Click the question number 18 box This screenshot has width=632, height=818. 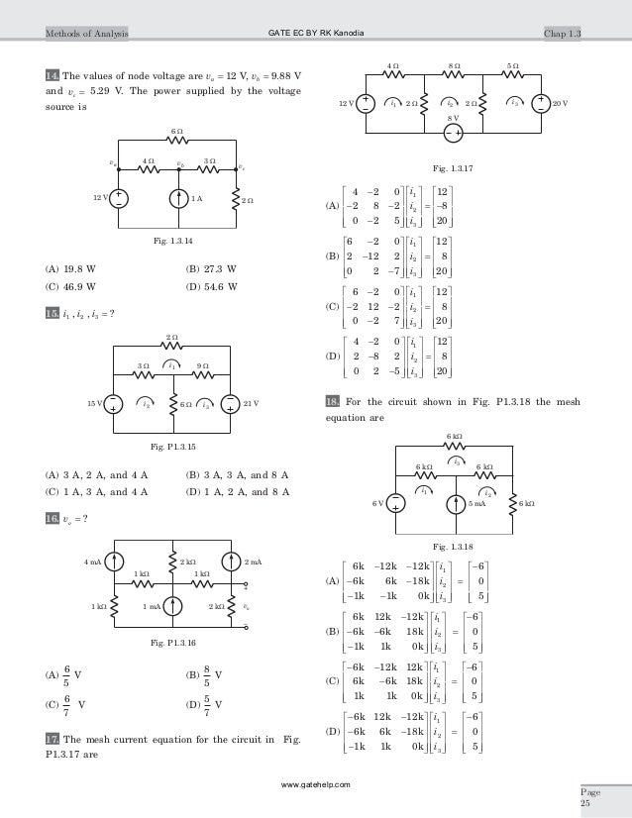pos(333,401)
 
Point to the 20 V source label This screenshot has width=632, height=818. pos(561,103)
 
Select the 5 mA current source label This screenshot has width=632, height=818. pos(476,503)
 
